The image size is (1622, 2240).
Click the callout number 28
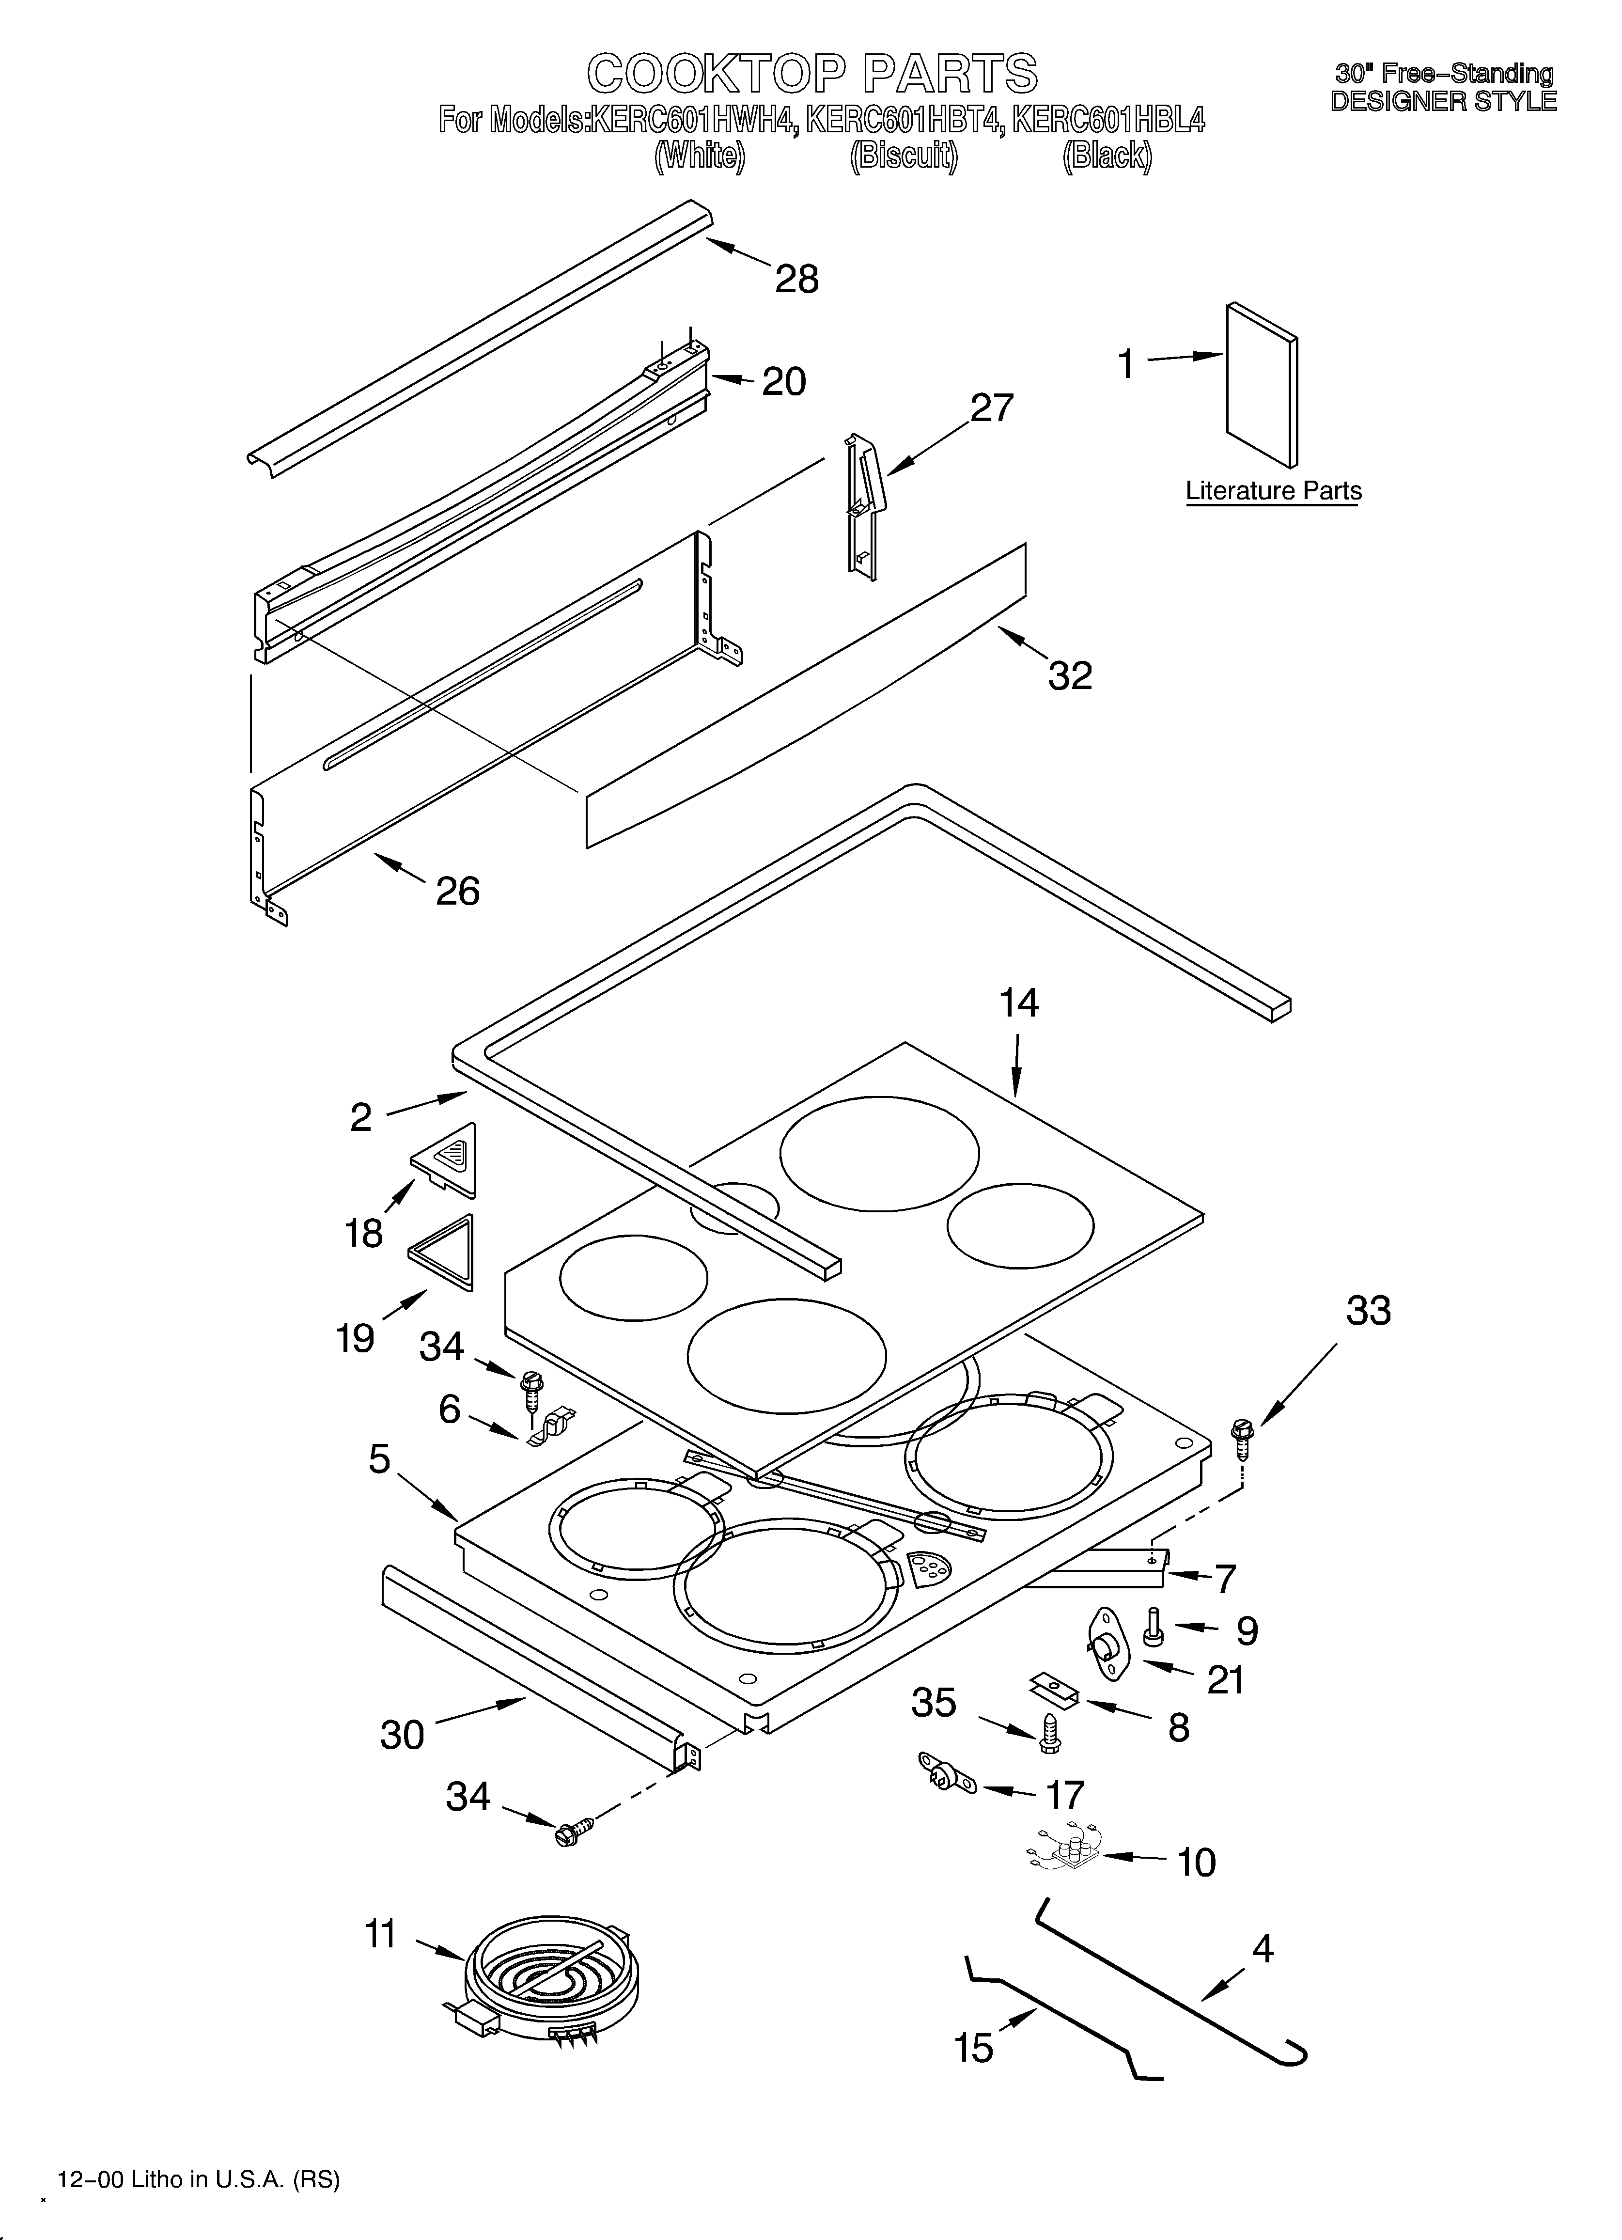(796, 280)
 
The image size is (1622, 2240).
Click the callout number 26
(457, 891)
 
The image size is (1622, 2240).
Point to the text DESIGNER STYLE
(1443, 101)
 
